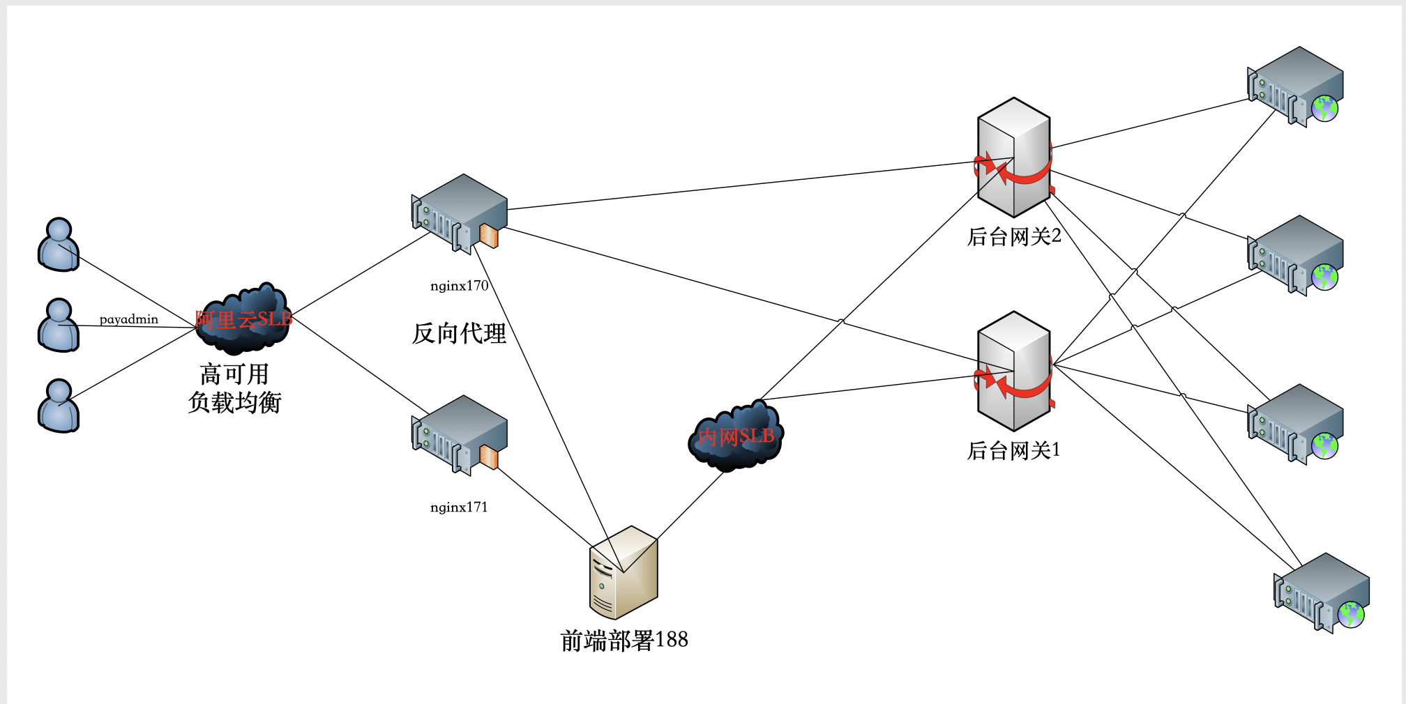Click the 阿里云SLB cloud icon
pyautogui.click(x=243, y=319)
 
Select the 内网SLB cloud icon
pyautogui.click(x=736, y=436)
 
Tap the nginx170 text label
pyautogui.click(x=459, y=286)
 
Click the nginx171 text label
pyautogui.click(x=459, y=507)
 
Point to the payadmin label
pyautogui.click(x=129, y=319)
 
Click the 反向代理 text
pyautogui.click(x=459, y=333)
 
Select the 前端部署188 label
pyautogui.click(x=624, y=640)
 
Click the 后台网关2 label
pyautogui.click(x=1014, y=236)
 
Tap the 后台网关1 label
pyautogui.click(x=1014, y=450)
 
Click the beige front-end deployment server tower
pyautogui.click(x=623, y=572)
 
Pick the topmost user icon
pyautogui.click(x=59, y=245)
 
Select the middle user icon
pyautogui.click(x=59, y=326)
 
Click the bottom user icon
pyautogui.click(x=59, y=406)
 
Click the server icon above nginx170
pyautogui.click(x=459, y=214)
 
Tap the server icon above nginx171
pyautogui.click(x=459, y=436)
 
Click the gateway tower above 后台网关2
pyautogui.click(x=1015, y=158)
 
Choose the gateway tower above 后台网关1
pyautogui.click(x=1015, y=372)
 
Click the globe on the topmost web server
pyautogui.click(x=1325, y=108)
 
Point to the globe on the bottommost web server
pyautogui.click(x=1351, y=615)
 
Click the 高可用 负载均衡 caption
pyautogui.click(x=234, y=388)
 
